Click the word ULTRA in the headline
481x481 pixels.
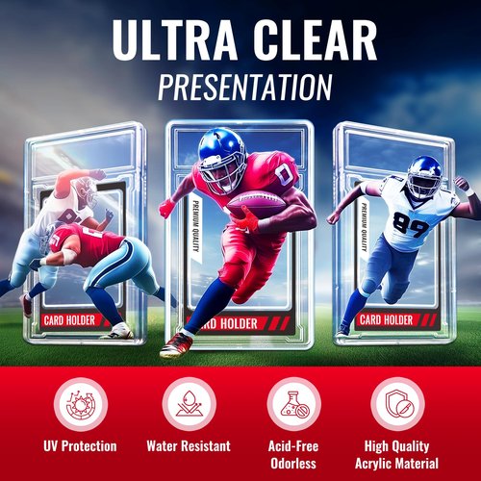(174, 39)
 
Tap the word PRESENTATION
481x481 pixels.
(244, 88)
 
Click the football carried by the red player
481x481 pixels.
(256, 204)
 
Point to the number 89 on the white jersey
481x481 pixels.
(411, 224)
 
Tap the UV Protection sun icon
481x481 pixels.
(81, 404)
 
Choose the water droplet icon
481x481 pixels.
(189, 404)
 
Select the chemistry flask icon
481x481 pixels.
(294, 404)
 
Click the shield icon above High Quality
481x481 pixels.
(398, 404)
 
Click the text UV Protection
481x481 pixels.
(80, 446)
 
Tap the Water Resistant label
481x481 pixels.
(189, 446)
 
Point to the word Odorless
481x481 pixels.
(293, 464)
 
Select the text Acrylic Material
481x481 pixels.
(396, 464)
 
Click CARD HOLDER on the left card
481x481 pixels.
(69, 320)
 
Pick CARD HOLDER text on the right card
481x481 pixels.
(386, 320)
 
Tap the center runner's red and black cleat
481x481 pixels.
(176, 345)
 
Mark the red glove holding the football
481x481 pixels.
(249, 218)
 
